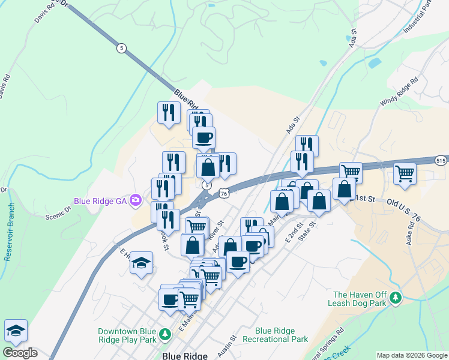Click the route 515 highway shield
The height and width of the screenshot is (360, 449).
coord(441,160)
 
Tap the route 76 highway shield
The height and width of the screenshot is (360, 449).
coord(223,193)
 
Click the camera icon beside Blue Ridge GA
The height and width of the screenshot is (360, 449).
coord(136,200)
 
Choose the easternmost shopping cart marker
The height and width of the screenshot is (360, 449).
coord(405,174)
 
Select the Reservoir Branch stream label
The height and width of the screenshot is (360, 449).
coord(10,232)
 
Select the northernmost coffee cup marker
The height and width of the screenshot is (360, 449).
coord(203,137)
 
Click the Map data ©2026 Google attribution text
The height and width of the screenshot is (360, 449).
coord(412,355)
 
